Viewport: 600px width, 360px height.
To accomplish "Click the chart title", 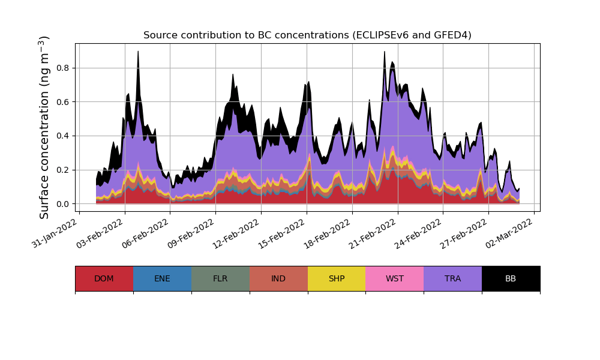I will (x=307, y=35).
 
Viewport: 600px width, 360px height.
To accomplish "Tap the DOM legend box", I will (x=104, y=278).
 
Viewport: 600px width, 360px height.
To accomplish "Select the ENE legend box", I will (x=162, y=278).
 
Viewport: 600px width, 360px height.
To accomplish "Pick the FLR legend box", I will (x=220, y=278).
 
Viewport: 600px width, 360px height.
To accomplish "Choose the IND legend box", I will (x=278, y=278).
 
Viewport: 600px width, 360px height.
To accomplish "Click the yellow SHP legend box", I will (x=337, y=278).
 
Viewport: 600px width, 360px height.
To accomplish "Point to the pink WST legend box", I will (x=395, y=278).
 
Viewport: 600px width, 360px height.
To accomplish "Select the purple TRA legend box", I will (x=453, y=278).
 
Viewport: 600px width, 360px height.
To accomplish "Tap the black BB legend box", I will (x=511, y=278).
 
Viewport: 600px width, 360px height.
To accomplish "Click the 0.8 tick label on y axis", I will (x=62, y=68).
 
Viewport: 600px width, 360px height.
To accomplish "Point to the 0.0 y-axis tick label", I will (x=62, y=204).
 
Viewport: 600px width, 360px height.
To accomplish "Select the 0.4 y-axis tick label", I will (x=62, y=136).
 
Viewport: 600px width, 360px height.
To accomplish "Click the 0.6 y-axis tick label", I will (x=62, y=102).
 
